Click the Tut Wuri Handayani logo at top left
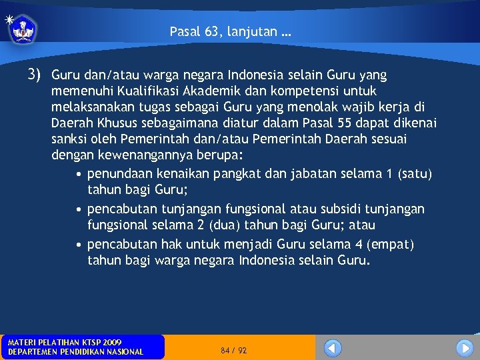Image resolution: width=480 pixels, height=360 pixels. [x=23, y=28]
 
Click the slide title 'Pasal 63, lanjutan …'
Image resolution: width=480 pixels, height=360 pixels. [x=230, y=31]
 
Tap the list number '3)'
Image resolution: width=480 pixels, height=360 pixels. [x=35, y=74]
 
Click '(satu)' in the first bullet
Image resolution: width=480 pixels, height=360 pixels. [x=414, y=174]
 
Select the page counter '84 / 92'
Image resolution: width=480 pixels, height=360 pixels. [x=233, y=350]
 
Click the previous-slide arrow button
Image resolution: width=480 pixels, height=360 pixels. [x=333, y=348]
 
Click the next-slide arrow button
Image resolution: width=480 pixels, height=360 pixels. [x=465, y=348]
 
